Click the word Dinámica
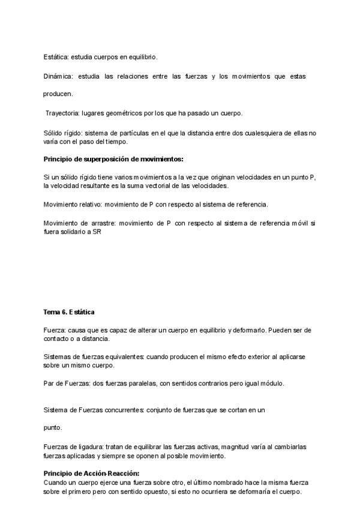pyautogui.click(x=57, y=76)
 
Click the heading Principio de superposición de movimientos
pyautogui.click(x=113, y=159)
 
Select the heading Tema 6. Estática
pyautogui.click(x=69, y=313)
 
